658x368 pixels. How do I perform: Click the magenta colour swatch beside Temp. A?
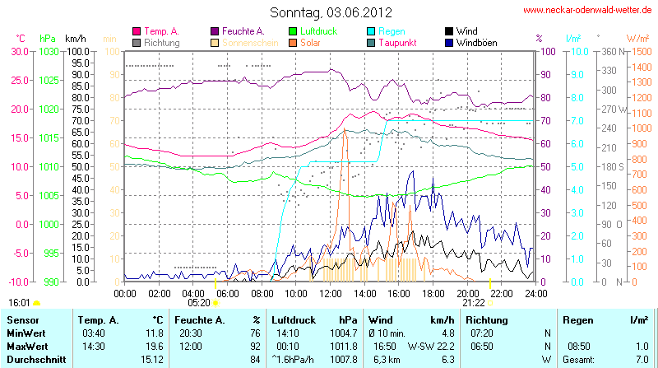[137, 31]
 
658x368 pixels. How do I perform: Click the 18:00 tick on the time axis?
[433, 292]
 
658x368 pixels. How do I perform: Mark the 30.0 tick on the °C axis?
[20, 51]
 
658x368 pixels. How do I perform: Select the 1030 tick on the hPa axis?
[49, 51]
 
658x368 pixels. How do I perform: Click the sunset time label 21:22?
[473, 302]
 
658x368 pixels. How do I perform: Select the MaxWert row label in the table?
[27, 346]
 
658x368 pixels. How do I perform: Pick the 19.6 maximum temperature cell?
[154, 346]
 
